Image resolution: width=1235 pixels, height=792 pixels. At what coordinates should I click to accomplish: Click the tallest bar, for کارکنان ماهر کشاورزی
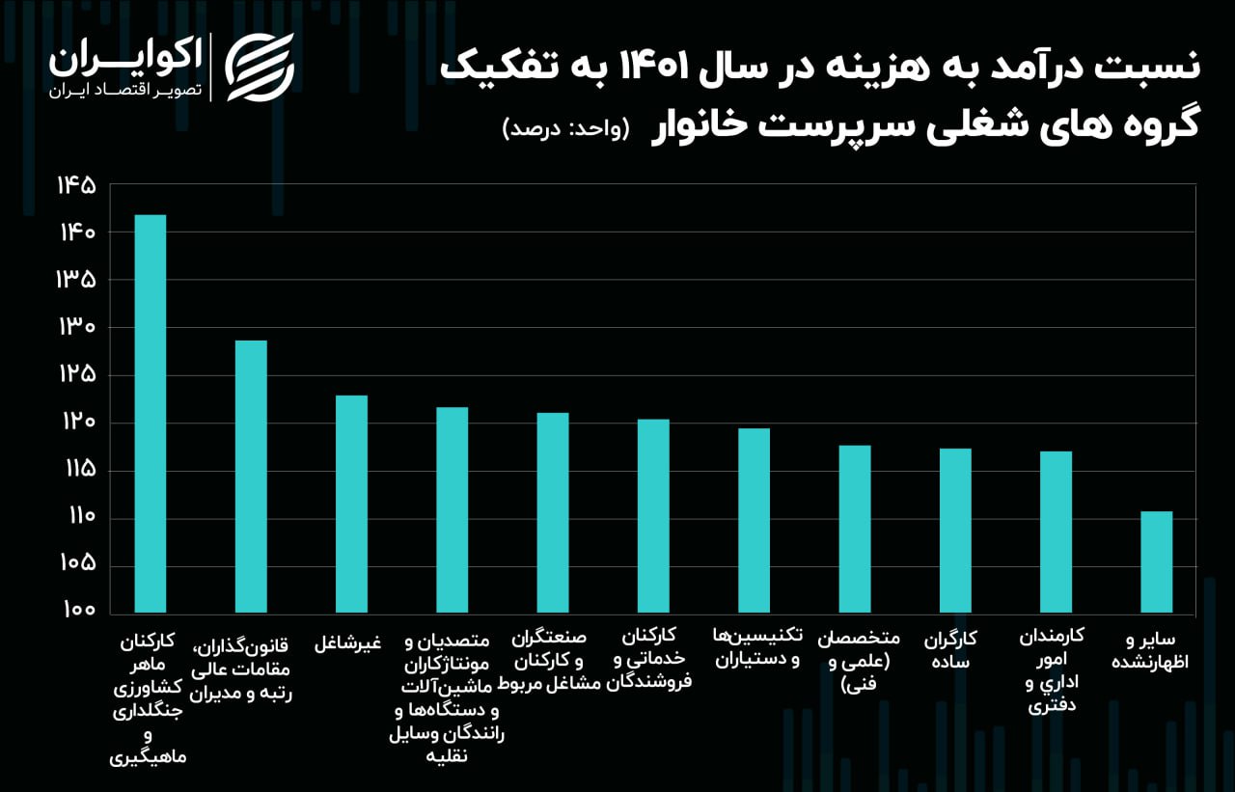click(x=150, y=415)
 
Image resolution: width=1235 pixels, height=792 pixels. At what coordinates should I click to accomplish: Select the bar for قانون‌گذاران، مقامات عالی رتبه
click(x=251, y=478)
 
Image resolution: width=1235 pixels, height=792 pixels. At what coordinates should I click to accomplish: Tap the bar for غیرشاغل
click(x=351, y=505)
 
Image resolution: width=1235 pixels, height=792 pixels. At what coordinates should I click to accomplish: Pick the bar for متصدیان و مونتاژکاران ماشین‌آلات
click(x=452, y=510)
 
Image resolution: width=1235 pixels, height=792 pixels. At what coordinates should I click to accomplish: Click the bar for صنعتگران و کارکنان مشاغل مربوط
click(x=553, y=513)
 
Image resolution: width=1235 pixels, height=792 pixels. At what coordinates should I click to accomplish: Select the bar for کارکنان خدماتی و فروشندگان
click(x=653, y=516)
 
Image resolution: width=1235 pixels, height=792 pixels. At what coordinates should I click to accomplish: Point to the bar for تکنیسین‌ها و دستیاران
click(x=754, y=521)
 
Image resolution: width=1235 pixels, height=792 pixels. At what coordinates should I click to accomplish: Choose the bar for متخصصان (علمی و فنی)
click(x=855, y=530)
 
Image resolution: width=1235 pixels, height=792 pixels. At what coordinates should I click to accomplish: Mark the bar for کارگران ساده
click(x=955, y=532)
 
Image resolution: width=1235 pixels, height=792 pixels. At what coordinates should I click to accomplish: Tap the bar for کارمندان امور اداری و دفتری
click(x=1056, y=533)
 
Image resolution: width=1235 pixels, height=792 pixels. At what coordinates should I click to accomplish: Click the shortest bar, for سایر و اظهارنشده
click(x=1156, y=562)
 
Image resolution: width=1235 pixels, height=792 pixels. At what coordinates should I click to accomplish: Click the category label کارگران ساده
click(x=950, y=651)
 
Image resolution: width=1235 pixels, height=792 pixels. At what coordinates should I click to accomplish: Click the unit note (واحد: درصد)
click(x=565, y=129)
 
